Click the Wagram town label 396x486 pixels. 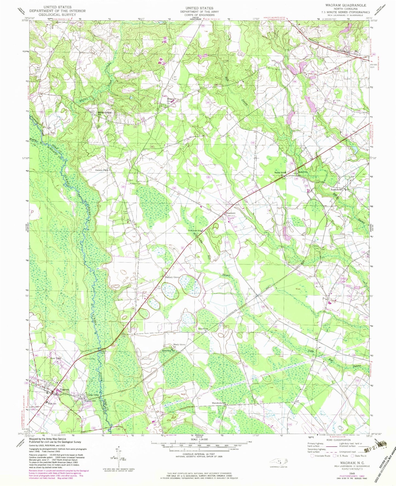click(61, 389)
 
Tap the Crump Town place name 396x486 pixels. click(92, 395)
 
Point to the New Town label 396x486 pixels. click(55, 358)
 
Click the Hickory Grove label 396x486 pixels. click(172, 277)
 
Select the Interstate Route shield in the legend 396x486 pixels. click(312, 456)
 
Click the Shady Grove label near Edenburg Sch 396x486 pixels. click(179, 344)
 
